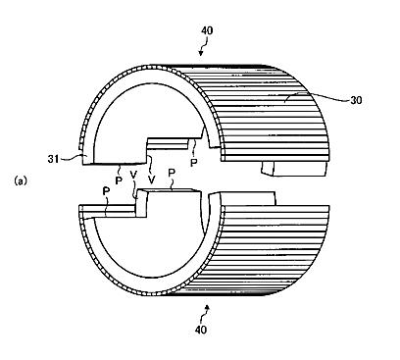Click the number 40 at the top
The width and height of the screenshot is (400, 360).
point(207,30)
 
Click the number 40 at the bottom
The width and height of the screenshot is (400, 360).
point(201,330)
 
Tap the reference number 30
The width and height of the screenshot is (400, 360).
point(356,100)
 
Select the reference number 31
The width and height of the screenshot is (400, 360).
point(53,159)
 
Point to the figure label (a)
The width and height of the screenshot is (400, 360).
point(21,180)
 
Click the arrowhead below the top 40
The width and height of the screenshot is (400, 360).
point(201,52)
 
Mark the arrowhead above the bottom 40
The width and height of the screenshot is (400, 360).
point(207,307)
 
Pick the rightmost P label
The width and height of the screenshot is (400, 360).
point(194,163)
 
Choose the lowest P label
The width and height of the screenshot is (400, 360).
point(106,191)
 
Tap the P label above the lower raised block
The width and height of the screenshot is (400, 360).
point(172,174)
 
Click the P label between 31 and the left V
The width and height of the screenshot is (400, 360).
point(119,180)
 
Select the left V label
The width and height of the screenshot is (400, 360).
point(133,175)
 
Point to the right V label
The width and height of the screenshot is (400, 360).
point(151,180)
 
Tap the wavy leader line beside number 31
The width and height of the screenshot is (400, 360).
point(71,158)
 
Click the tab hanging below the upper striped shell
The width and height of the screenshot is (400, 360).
point(294,169)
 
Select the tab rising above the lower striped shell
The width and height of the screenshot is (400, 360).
point(248,199)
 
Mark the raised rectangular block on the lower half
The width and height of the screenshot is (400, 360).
point(169,202)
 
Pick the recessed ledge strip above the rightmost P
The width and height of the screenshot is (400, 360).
point(170,144)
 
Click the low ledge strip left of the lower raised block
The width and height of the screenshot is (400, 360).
point(109,211)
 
